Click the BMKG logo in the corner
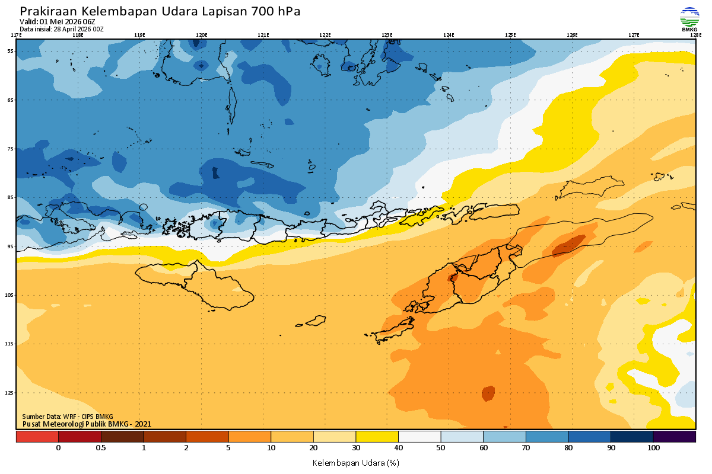(689, 18)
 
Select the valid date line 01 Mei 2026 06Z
(57, 22)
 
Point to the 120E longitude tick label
(202, 35)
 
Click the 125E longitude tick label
(510, 35)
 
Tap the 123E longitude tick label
(387, 35)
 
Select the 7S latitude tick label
(11, 149)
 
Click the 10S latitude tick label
(10, 295)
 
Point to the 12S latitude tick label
(10, 393)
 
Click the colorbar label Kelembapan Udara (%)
(356, 462)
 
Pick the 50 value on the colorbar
(441, 448)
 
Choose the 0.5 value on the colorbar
(101, 448)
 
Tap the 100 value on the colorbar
(653, 448)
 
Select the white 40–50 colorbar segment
(419, 437)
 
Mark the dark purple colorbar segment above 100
(675, 437)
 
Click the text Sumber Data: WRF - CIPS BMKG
(68, 417)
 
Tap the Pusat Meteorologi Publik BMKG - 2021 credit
(87, 424)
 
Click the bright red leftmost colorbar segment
(37, 437)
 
